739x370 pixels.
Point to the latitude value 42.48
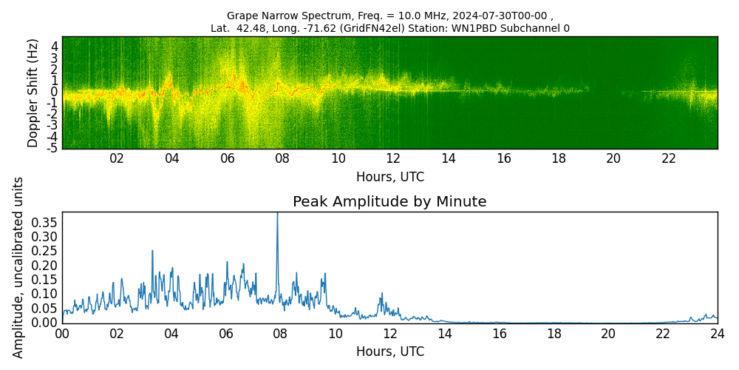point(249,29)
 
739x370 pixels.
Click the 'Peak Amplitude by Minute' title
point(389,202)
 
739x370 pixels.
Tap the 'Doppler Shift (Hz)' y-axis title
point(33,93)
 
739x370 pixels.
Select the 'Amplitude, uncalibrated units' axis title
point(18,267)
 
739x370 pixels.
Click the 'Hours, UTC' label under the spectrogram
point(389,178)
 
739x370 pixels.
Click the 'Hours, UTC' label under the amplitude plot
point(389,351)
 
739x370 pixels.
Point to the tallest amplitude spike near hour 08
point(277,215)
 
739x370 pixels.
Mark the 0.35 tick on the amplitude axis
point(43,222)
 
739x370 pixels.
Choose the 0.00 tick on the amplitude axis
point(43,323)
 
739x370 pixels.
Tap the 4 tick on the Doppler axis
point(55,46)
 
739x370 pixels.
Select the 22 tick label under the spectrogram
point(669,158)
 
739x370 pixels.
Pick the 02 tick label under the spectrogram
point(117,158)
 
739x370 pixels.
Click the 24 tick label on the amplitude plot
point(718,334)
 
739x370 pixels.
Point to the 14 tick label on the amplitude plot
point(444,334)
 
